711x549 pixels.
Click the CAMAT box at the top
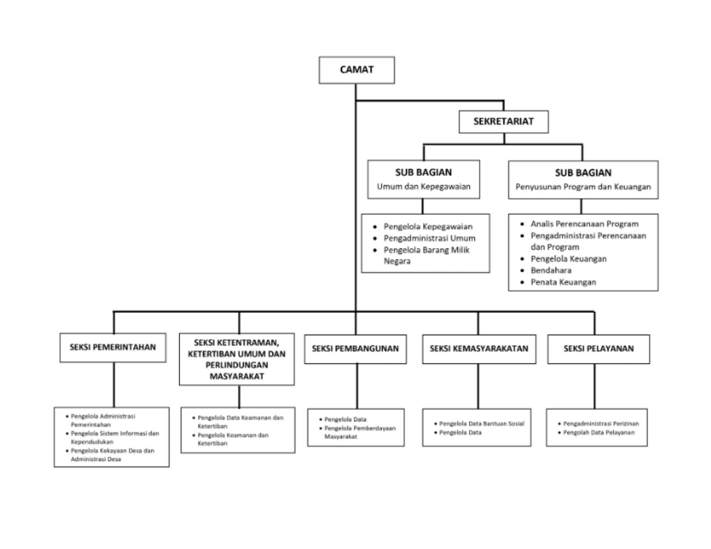pos(357,70)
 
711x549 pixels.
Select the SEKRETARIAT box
pos(504,121)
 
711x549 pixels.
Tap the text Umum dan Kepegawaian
pos(424,187)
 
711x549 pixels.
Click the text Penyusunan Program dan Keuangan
pos(583,187)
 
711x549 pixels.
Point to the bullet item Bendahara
pos(551,270)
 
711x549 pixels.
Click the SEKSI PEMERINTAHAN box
pos(113,347)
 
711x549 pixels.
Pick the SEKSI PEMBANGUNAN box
pos(355,349)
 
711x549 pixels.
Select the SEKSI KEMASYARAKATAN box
pos(479,349)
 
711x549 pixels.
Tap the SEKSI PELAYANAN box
pos(599,349)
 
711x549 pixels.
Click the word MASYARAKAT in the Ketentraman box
pos(237,376)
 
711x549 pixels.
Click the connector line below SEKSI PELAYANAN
pos(595,386)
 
